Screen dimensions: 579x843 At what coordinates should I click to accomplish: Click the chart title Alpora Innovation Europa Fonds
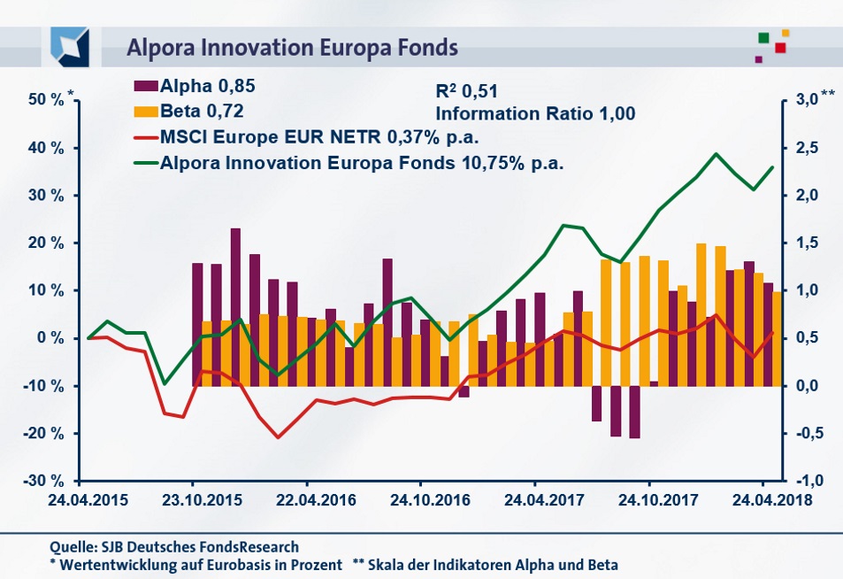click(293, 46)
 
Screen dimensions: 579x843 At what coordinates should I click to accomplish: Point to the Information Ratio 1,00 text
click(535, 113)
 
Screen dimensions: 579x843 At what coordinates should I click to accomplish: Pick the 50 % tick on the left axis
click(47, 100)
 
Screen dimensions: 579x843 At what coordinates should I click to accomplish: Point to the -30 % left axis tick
click(44, 481)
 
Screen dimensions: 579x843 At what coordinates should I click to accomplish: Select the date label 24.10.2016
click(419, 500)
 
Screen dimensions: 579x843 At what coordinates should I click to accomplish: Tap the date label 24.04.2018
click(762, 500)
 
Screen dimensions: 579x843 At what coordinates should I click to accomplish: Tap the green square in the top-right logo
click(763, 38)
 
